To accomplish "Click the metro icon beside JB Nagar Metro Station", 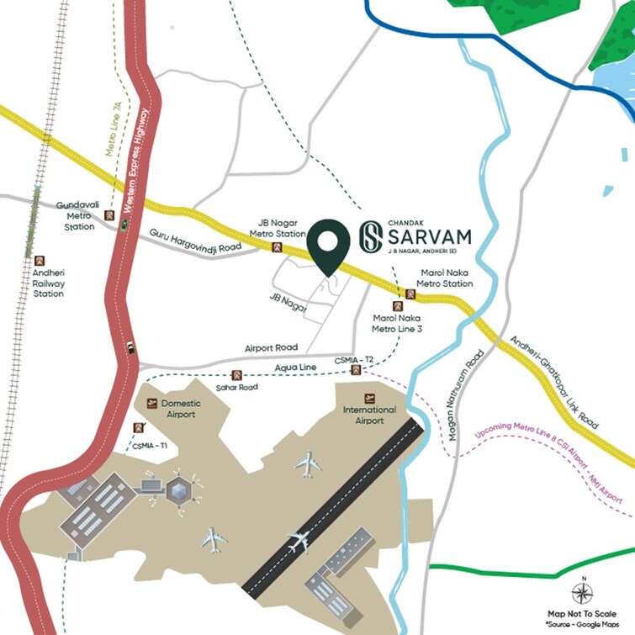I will [x=278, y=247].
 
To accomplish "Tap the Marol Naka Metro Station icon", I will [x=410, y=294].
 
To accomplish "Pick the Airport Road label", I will [x=271, y=347].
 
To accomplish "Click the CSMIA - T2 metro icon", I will [x=357, y=370].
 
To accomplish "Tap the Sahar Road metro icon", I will [x=237, y=375].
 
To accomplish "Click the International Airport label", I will [x=369, y=415].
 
